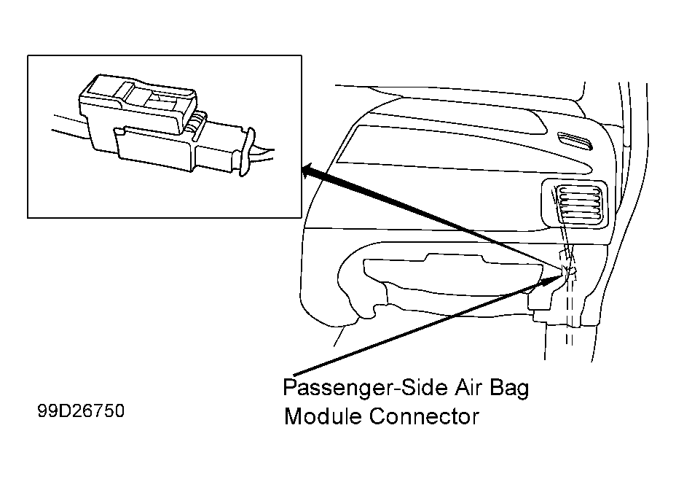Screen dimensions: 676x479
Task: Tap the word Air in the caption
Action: coord(466,388)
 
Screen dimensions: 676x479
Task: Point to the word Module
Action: coord(323,416)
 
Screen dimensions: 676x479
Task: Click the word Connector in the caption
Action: coord(424,416)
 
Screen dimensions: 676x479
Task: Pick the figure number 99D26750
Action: coord(81,410)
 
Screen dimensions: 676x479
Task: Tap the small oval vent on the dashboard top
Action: coord(574,141)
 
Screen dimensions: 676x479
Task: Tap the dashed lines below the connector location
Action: coord(569,311)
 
